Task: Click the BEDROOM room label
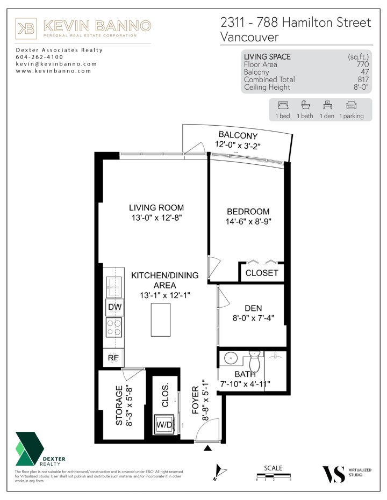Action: pos(248,212)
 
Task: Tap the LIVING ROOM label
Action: pos(156,208)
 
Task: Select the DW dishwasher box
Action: pos(114,307)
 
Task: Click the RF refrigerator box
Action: pos(114,357)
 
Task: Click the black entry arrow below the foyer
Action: pos(207,447)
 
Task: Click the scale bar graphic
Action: pos(274,475)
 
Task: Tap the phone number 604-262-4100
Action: pos(39,57)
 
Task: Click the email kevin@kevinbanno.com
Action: pos(56,64)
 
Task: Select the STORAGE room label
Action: pos(119,405)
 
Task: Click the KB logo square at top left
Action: pos(26,28)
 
